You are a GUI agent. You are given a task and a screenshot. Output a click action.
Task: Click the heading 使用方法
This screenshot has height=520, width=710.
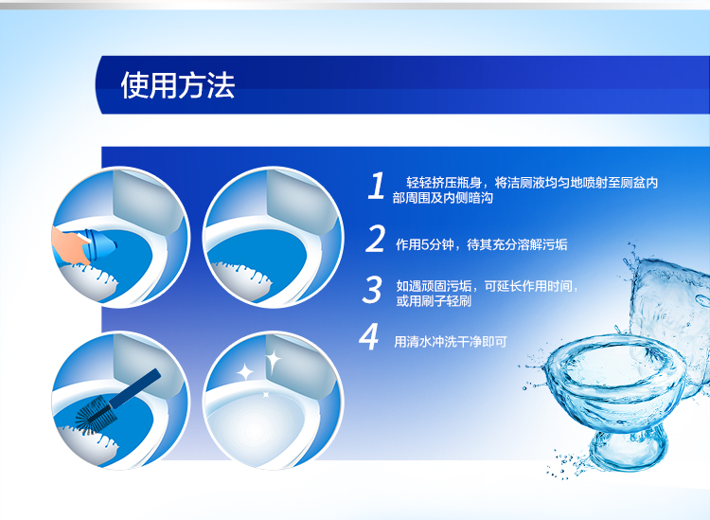point(178,85)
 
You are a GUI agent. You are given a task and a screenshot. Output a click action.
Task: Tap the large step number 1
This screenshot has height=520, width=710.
point(376,186)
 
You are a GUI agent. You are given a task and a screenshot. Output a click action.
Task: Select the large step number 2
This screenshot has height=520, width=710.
point(375,239)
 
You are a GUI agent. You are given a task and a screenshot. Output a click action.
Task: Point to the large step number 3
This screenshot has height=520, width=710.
point(373,290)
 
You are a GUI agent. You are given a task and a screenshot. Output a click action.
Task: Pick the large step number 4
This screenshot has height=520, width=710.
point(369,336)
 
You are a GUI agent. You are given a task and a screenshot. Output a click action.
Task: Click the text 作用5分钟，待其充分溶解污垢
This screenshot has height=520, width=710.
point(481,245)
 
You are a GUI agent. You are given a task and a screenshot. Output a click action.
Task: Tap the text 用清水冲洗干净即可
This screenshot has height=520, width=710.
point(450,342)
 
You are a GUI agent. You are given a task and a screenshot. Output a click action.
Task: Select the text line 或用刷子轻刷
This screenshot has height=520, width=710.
point(434,301)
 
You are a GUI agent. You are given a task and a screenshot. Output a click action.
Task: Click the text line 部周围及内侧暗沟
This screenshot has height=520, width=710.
point(442,198)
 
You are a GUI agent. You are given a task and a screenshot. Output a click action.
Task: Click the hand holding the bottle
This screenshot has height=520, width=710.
point(68,244)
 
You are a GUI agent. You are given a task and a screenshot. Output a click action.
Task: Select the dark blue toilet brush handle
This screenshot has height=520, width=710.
point(134,388)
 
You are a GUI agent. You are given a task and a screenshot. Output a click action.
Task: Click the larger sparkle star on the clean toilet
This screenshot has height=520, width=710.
point(273,362)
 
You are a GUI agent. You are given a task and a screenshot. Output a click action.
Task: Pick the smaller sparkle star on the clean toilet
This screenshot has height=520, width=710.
point(245,372)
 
